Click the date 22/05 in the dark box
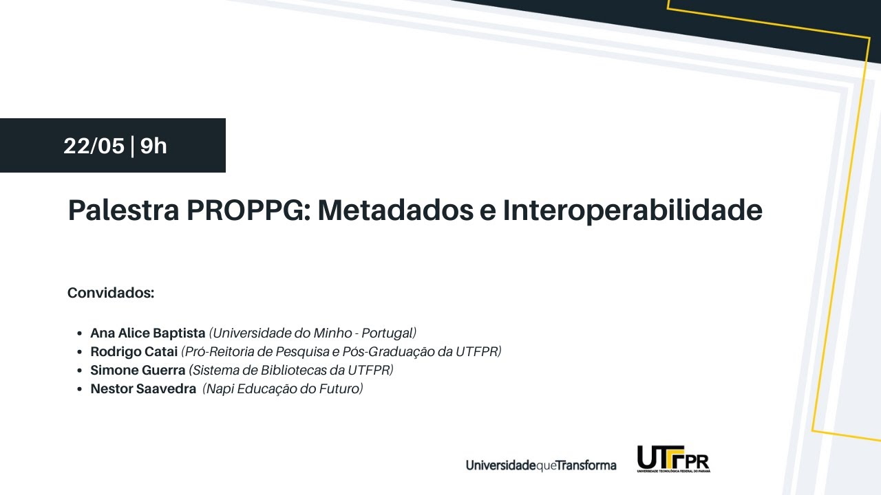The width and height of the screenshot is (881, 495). (x=94, y=146)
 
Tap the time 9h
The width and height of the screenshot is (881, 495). (x=153, y=146)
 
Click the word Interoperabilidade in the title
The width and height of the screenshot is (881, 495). (x=633, y=210)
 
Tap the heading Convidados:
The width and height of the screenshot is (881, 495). (x=111, y=293)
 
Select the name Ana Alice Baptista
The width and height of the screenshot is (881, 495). (x=148, y=333)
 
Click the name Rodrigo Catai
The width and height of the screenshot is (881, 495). (x=134, y=351)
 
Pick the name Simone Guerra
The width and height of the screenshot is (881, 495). (x=138, y=370)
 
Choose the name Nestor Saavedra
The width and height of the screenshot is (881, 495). (x=143, y=388)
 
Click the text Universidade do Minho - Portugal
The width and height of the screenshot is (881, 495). (x=313, y=333)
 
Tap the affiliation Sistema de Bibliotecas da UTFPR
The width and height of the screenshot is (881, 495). (x=291, y=370)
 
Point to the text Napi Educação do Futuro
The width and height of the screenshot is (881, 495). (x=283, y=388)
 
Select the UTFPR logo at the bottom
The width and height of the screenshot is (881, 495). (x=673, y=459)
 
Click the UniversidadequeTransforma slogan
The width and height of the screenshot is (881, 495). (x=541, y=465)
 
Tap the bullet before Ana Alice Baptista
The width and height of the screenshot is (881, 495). (x=81, y=333)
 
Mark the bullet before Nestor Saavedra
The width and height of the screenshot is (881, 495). (x=81, y=389)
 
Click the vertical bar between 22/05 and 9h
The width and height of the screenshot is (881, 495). (x=132, y=146)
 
